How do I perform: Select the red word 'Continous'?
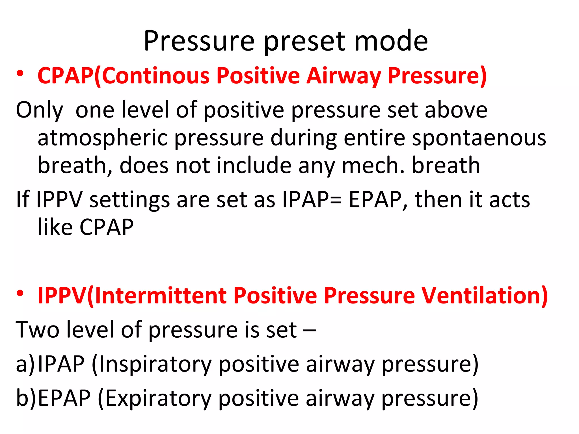pyautogui.click(x=156, y=76)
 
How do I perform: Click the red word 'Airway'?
pyautogui.click(x=344, y=76)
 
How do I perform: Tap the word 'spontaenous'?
pyautogui.click(x=479, y=138)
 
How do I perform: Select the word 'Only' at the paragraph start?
pyautogui.click(x=40, y=110)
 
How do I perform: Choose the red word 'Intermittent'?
pyautogui.click(x=161, y=296)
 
